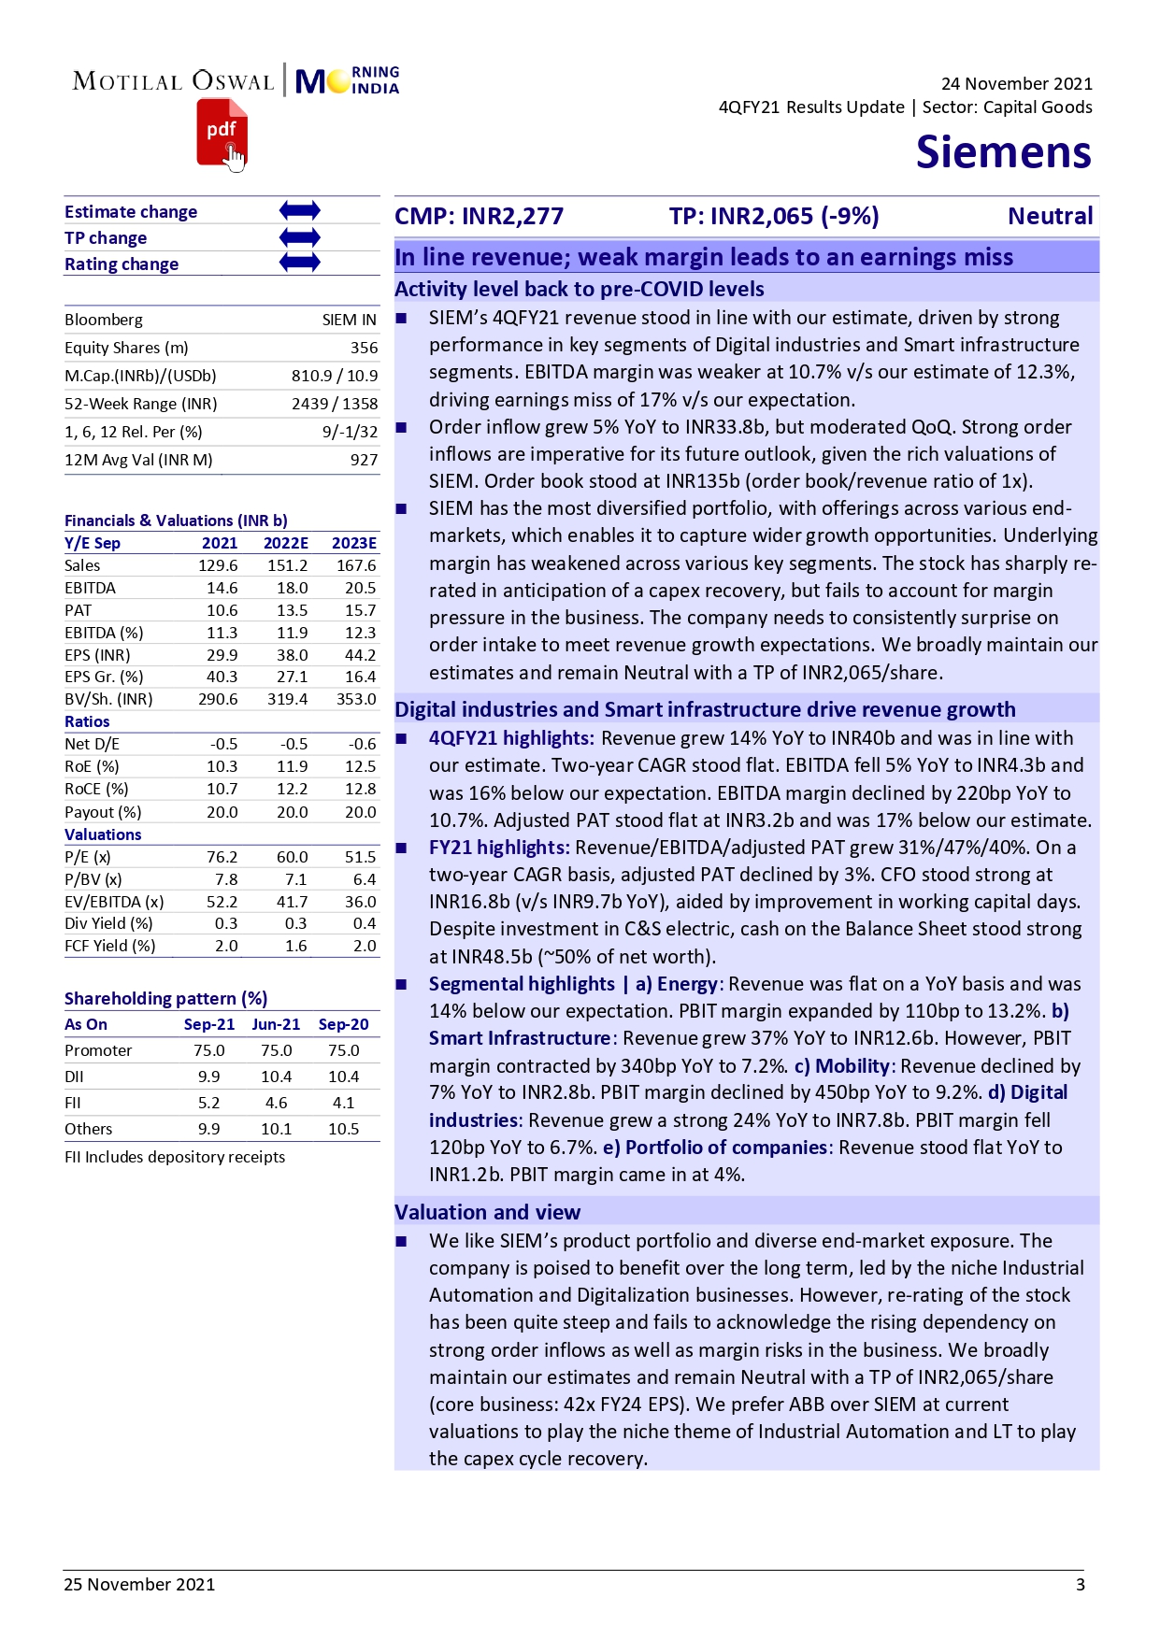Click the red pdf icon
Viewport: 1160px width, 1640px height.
(222, 134)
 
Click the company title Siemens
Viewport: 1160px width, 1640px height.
(1003, 152)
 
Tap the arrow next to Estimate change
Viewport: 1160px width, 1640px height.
(299, 211)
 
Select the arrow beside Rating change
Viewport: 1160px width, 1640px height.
(299, 264)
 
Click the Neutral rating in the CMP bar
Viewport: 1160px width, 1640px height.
(1049, 217)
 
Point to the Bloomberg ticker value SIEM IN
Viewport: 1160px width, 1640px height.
(349, 320)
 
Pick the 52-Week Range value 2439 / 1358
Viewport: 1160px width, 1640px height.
(334, 404)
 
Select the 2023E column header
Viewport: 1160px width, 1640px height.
(353, 543)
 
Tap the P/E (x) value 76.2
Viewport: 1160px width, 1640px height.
(222, 857)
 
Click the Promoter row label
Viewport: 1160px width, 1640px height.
(98, 1050)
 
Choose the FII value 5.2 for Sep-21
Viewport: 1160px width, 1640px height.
(208, 1103)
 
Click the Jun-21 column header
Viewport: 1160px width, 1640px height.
(276, 1024)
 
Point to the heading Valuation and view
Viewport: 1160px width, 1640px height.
(487, 1212)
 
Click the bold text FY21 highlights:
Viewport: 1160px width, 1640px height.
(498, 848)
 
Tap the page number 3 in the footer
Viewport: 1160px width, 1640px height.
(1080, 1584)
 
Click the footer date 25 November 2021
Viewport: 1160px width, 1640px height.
(139, 1584)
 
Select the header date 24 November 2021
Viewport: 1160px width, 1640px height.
(1016, 84)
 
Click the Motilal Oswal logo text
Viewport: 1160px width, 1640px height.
(174, 81)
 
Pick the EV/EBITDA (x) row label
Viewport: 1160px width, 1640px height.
(113, 902)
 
